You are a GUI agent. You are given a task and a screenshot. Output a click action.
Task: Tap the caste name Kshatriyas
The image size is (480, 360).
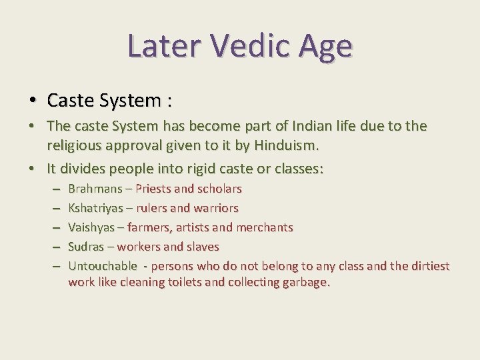96,208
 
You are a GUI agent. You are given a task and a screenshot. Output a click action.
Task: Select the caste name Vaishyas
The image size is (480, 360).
92,227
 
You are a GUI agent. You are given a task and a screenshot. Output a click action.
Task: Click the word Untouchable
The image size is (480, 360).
102,266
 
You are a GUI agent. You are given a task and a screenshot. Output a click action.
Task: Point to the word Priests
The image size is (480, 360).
154,189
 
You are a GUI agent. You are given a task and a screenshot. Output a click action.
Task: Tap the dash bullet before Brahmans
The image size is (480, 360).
54,189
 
